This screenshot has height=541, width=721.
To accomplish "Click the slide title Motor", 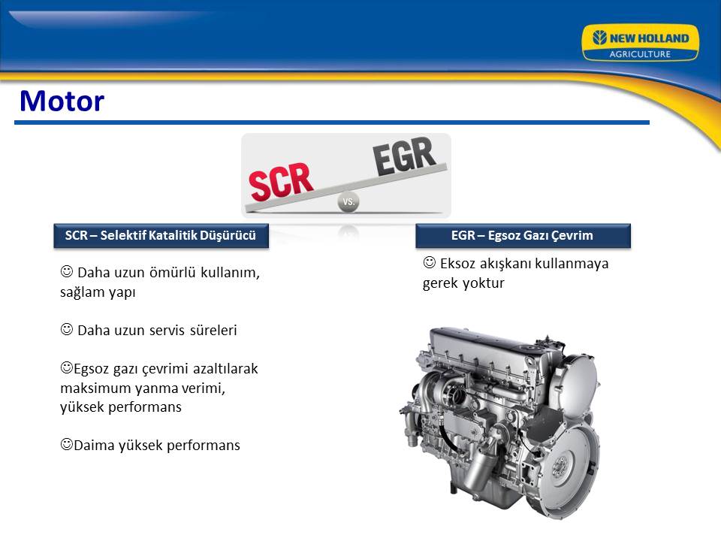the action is (x=62, y=101).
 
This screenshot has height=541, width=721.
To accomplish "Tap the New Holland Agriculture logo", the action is (x=640, y=43).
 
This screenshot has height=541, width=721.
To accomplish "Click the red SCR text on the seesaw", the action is (x=281, y=182).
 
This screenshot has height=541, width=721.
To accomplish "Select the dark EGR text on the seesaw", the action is (x=404, y=156).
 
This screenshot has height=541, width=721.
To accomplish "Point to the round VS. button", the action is (x=348, y=201).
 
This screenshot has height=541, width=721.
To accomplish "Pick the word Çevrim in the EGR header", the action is (x=572, y=235).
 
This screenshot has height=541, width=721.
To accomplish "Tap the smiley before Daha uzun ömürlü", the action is (x=67, y=271).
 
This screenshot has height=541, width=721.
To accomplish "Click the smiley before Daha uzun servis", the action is (x=67, y=329).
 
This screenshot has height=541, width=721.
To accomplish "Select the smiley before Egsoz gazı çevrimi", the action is (x=67, y=367).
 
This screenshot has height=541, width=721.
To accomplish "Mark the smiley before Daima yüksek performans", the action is (x=67, y=444).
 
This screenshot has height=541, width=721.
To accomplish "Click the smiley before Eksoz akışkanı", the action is (x=429, y=263).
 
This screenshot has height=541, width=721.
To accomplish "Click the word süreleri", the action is (x=213, y=331).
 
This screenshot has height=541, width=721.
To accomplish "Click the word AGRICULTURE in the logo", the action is (x=640, y=54).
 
